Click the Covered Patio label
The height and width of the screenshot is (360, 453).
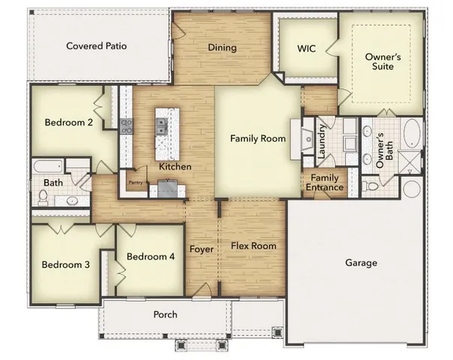(x=96, y=46)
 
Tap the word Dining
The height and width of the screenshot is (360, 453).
(x=222, y=48)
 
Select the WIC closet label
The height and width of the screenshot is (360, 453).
(x=306, y=48)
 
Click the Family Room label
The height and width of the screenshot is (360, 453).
(x=257, y=138)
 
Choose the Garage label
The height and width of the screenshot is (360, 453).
(x=361, y=263)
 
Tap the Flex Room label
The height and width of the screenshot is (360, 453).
(x=253, y=246)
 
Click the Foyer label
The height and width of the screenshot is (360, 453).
(x=201, y=249)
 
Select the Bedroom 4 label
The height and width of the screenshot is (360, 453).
(x=151, y=256)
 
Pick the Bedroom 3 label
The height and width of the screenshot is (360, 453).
(x=65, y=265)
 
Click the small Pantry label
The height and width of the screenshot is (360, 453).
(x=136, y=181)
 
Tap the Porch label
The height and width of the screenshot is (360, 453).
(x=165, y=314)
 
